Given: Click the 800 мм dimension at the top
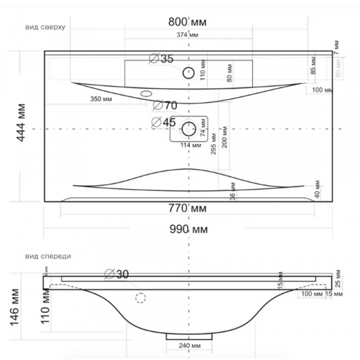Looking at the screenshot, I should tap(187, 22).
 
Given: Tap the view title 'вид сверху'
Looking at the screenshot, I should tap(46, 27).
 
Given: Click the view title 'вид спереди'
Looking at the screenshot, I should tap(49, 256).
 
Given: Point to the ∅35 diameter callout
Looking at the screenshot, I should tap(160, 59).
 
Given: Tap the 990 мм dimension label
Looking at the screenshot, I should tap(188, 230).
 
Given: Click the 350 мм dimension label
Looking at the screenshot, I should tap(100, 98).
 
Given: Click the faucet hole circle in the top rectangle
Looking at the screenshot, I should tap(188, 73).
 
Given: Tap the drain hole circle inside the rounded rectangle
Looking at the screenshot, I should tap(189, 128).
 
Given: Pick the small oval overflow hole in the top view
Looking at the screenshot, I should tap(146, 94).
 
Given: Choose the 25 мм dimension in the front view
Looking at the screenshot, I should tap(338, 280).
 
